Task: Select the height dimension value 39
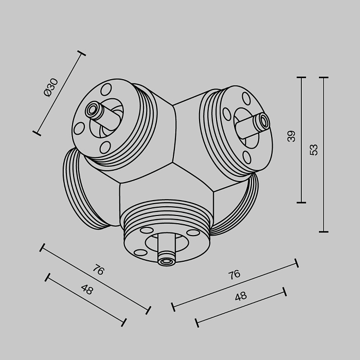[x=292, y=136]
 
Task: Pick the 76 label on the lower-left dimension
[x=98, y=269]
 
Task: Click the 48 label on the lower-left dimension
[x=87, y=289]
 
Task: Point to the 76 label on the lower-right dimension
[x=234, y=275]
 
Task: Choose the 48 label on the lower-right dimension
[x=241, y=296]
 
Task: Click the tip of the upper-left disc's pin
[x=93, y=109]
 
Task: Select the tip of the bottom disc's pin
[x=166, y=261]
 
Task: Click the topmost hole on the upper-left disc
[x=106, y=89]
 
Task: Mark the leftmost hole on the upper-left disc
[x=79, y=128]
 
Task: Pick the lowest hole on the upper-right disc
[x=247, y=157]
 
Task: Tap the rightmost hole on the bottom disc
[x=193, y=233]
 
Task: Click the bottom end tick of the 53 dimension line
[x=323, y=231]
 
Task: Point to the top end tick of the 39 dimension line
[x=301, y=78]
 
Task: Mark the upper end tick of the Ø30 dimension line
[x=81, y=53]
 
